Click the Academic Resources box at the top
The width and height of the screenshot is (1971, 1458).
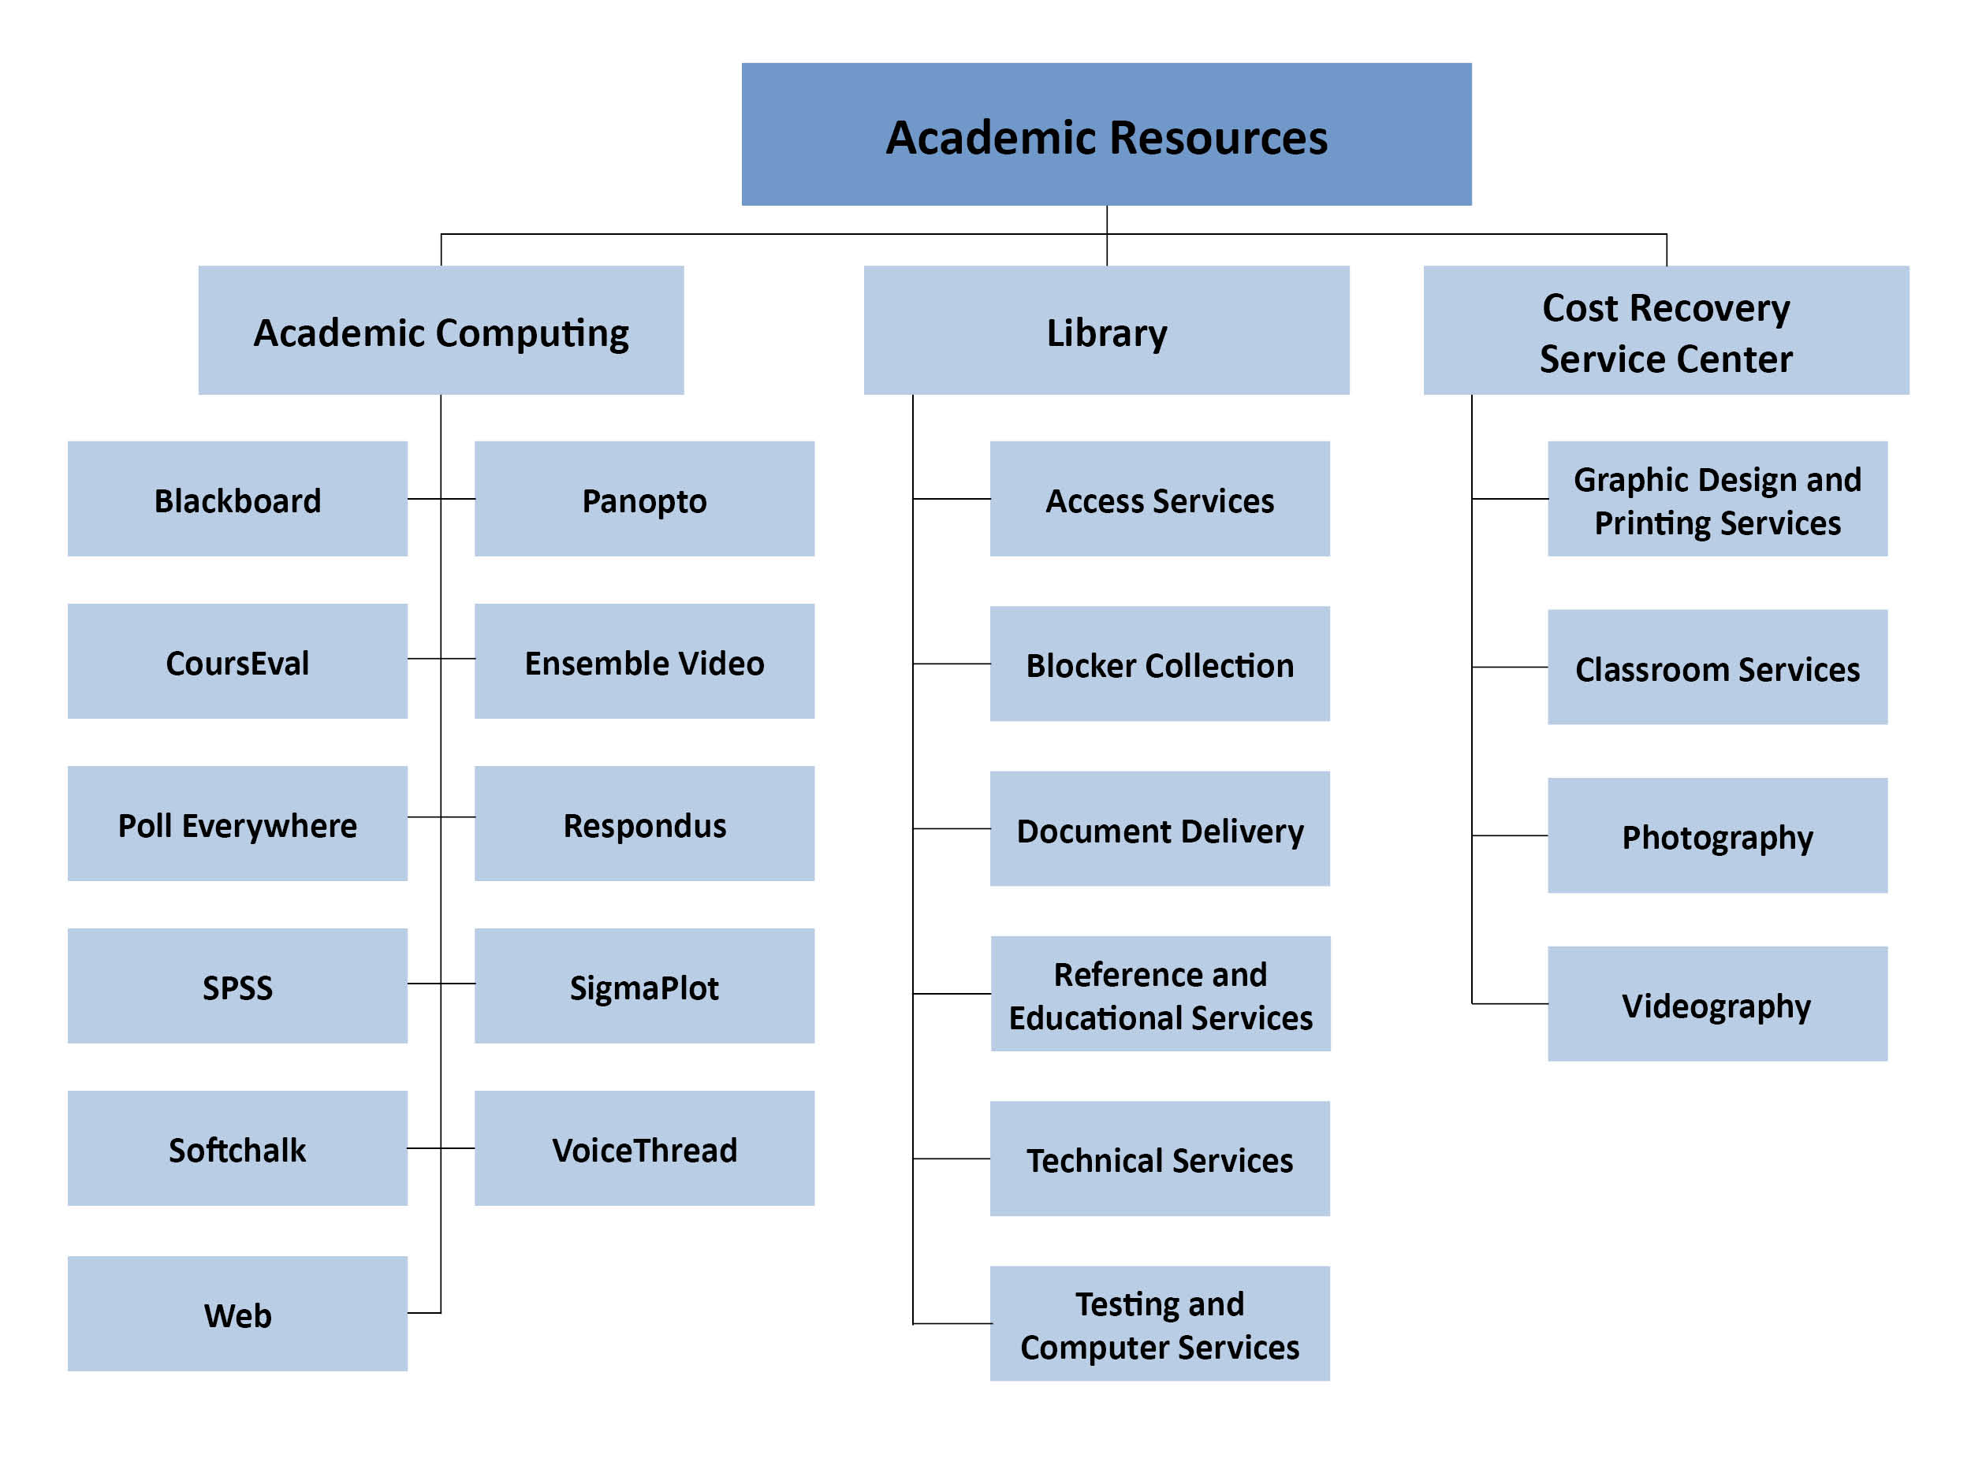pos(1106,134)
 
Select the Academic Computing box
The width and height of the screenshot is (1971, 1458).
pos(441,330)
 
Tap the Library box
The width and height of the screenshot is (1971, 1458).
pos(1106,330)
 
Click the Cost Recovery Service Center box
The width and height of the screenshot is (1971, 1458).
pos(1666,330)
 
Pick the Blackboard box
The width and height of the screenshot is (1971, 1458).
pos(237,499)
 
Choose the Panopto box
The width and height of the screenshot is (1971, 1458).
pos(644,499)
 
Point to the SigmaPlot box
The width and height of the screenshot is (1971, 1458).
pos(644,986)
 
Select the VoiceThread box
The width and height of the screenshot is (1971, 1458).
pos(644,1148)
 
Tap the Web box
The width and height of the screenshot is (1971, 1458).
pos(237,1313)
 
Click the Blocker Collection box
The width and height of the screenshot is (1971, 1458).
pos(1160,664)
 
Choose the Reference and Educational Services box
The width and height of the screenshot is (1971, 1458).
pos(1160,994)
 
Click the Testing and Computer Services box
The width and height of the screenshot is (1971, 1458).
pos(1160,1324)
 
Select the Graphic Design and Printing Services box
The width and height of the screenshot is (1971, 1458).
pos(1717,499)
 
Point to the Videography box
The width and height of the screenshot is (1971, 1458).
pos(1717,1003)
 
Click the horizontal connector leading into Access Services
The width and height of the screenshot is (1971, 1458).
pos(952,499)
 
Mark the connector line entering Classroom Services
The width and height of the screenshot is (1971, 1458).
pos(1509,668)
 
